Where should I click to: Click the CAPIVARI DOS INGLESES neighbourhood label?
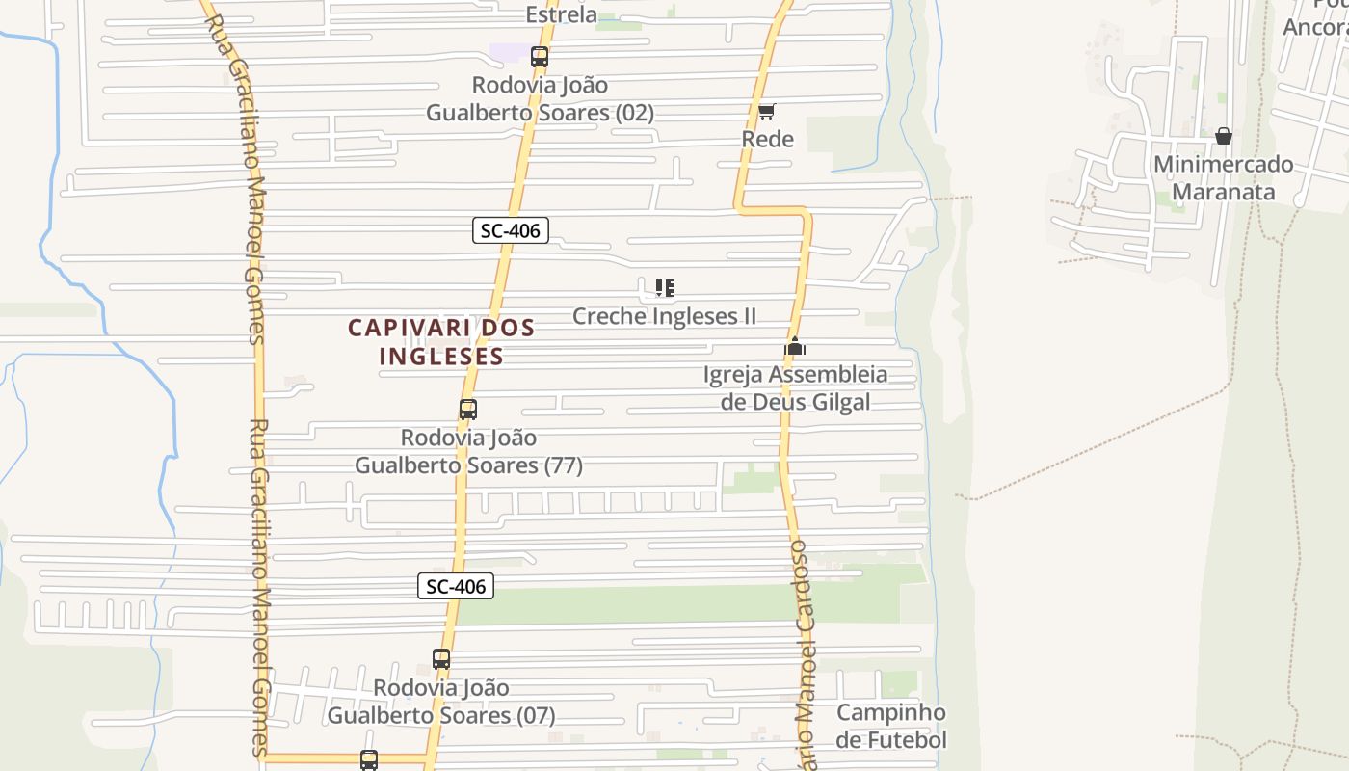tap(441, 341)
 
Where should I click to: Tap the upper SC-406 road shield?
tap(511, 230)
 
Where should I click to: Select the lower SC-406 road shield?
tap(456, 586)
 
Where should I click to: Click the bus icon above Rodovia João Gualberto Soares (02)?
tap(540, 57)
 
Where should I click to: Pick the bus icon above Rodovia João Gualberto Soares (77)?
tap(468, 410)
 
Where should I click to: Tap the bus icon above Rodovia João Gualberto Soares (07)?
tap(441, 660)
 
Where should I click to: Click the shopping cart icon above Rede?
tap(767, 112)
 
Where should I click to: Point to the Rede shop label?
tap(768, 139)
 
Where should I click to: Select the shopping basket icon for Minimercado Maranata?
tap(1224, 136)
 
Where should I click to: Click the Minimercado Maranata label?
tap(1224, 177)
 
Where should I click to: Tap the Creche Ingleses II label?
tap(664, 316)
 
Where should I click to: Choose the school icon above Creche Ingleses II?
tap(664, 288)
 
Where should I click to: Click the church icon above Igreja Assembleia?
tap(795, 347)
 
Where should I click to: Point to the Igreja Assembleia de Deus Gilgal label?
tap(795, 387)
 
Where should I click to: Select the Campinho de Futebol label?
tap(891, 726)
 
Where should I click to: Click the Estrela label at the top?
tap(562, 14)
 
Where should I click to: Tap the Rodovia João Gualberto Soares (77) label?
tap(468, 451)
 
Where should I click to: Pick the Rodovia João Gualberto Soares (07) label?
tap(441, 702)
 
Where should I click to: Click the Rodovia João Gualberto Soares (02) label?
tap(540, 98)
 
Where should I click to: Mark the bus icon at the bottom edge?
tap(369, 760)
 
